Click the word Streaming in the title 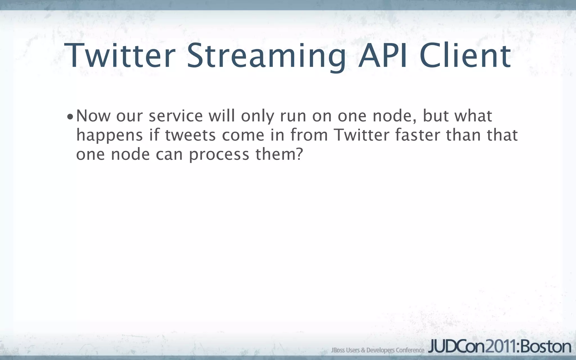(x=266, y=56)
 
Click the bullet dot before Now (x=70, y=117)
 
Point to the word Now (x=93, y=116)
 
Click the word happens (x=110, y=136)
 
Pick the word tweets (x=190, y=136)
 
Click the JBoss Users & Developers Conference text (x=378, y=350)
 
